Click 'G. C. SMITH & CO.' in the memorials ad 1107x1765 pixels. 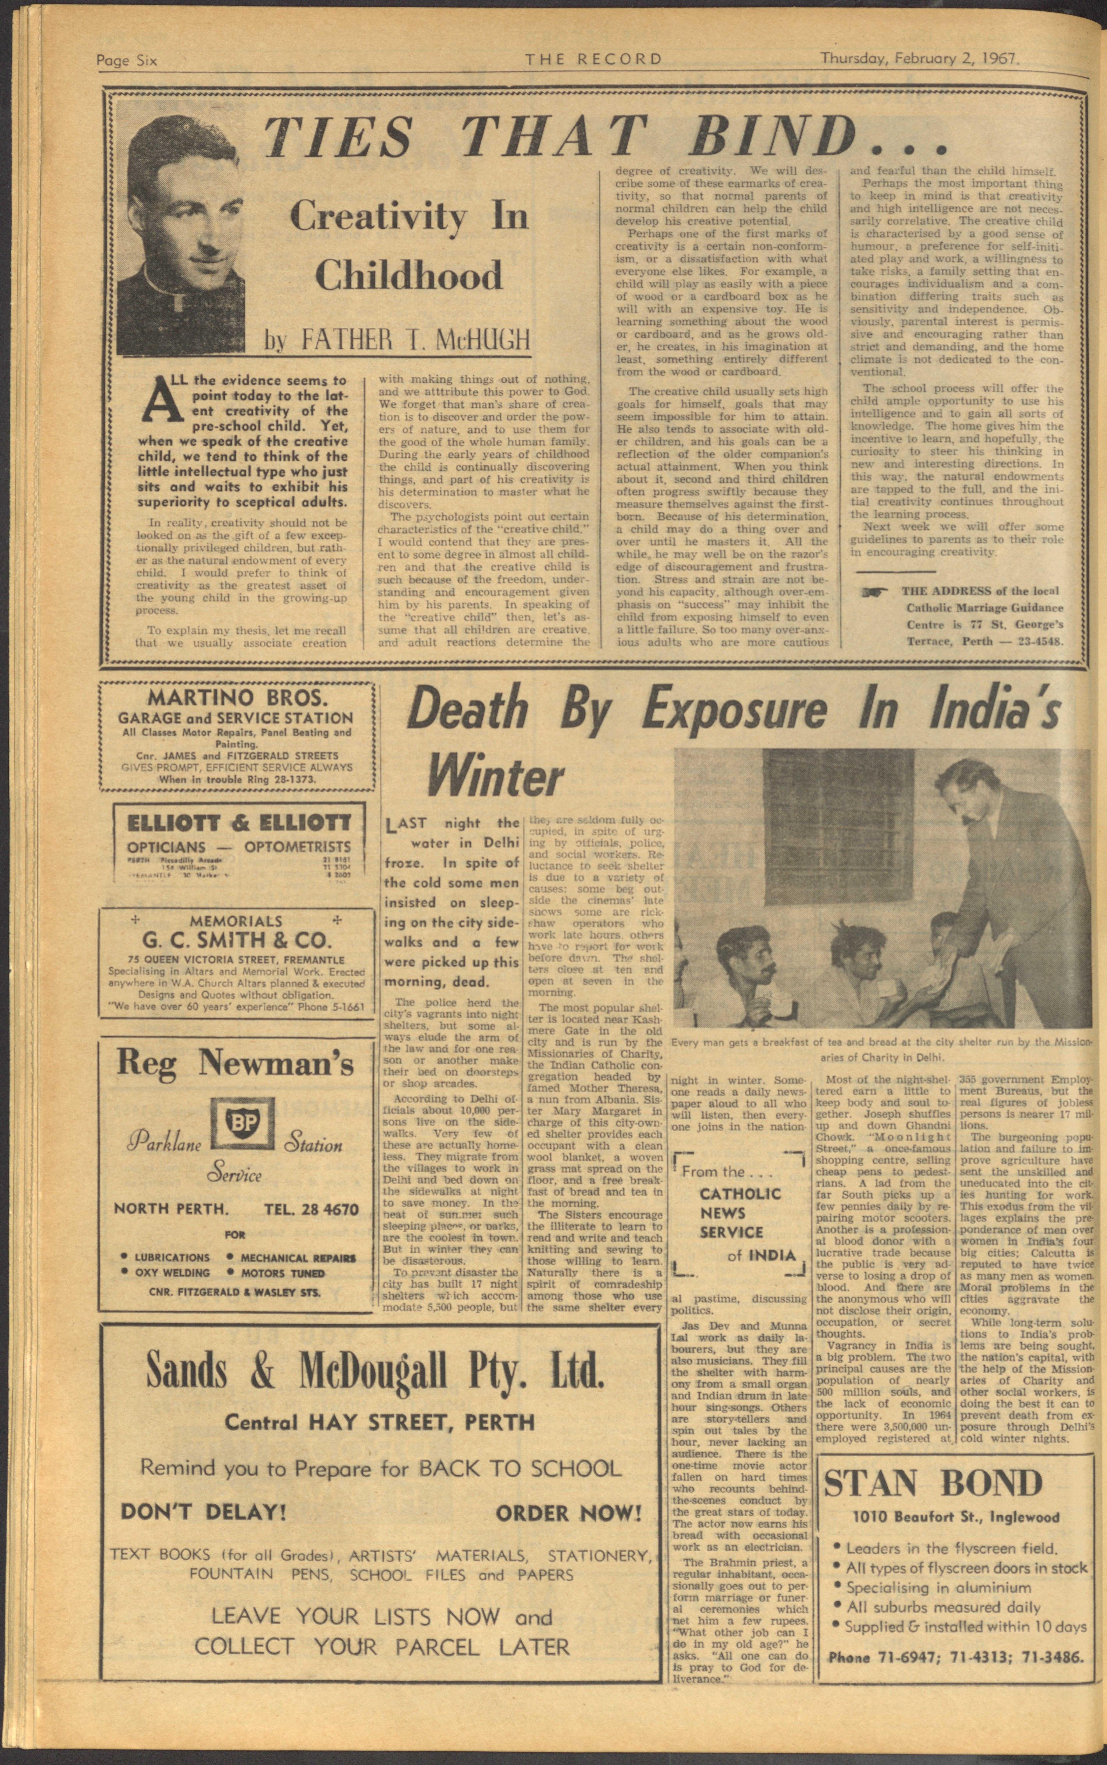238,940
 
